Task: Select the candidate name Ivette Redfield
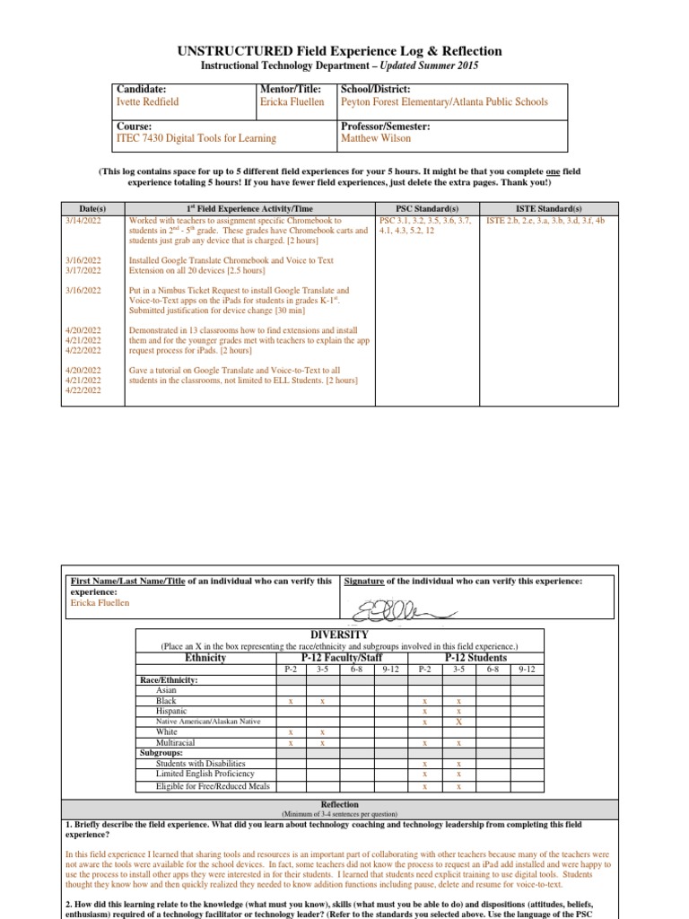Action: point(148,102)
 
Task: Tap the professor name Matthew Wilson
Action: point(376,138)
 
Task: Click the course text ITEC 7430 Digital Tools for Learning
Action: point(196,138)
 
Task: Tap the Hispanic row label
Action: point(171,711)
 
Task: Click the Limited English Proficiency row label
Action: point(205,774)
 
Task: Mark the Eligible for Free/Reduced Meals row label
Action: point(213,786)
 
